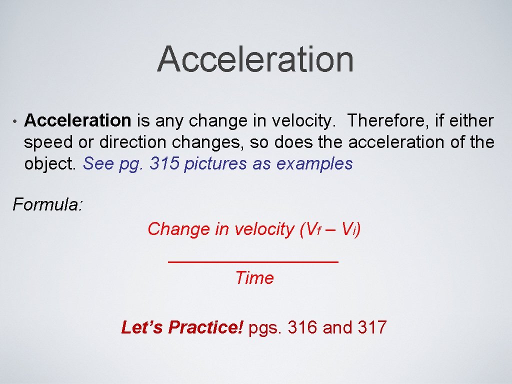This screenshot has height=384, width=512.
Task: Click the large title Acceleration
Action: point(255,59)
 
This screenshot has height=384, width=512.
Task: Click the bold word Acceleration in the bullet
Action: point(77,120)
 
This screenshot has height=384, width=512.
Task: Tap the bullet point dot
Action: point(15,121)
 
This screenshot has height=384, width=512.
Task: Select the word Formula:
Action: point(48,204)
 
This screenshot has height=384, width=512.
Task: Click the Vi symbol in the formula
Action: point(348,229)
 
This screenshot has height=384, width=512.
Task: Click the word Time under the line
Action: point(254,278)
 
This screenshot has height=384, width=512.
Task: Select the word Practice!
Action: point(205,327)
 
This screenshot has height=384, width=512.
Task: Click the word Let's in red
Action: point(142,327)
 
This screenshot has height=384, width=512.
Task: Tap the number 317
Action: point(372,327)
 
